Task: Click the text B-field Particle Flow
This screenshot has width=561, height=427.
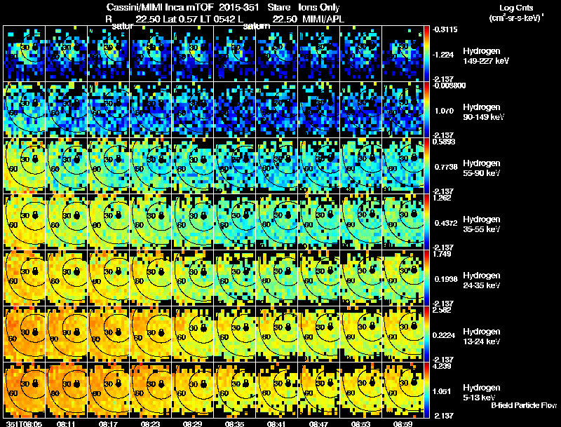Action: tap(523, 405)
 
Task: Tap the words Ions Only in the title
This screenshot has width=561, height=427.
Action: tap(318, 7)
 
